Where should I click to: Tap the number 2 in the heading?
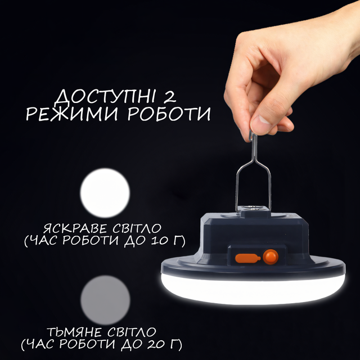tap(170, 96)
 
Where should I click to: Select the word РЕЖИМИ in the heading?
tap(75, 114)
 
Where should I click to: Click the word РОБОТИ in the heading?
tap(169, 114)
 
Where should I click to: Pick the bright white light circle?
tap(105, 193)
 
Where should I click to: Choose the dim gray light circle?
tap(105, 300)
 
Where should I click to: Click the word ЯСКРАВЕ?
tap(75, 228)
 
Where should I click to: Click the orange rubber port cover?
tap(247, 258)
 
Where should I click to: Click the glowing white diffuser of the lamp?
tap(253, 289)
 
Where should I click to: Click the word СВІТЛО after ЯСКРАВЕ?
tap(137, 228)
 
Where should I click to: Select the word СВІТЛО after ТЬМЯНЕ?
tap(132, 332)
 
